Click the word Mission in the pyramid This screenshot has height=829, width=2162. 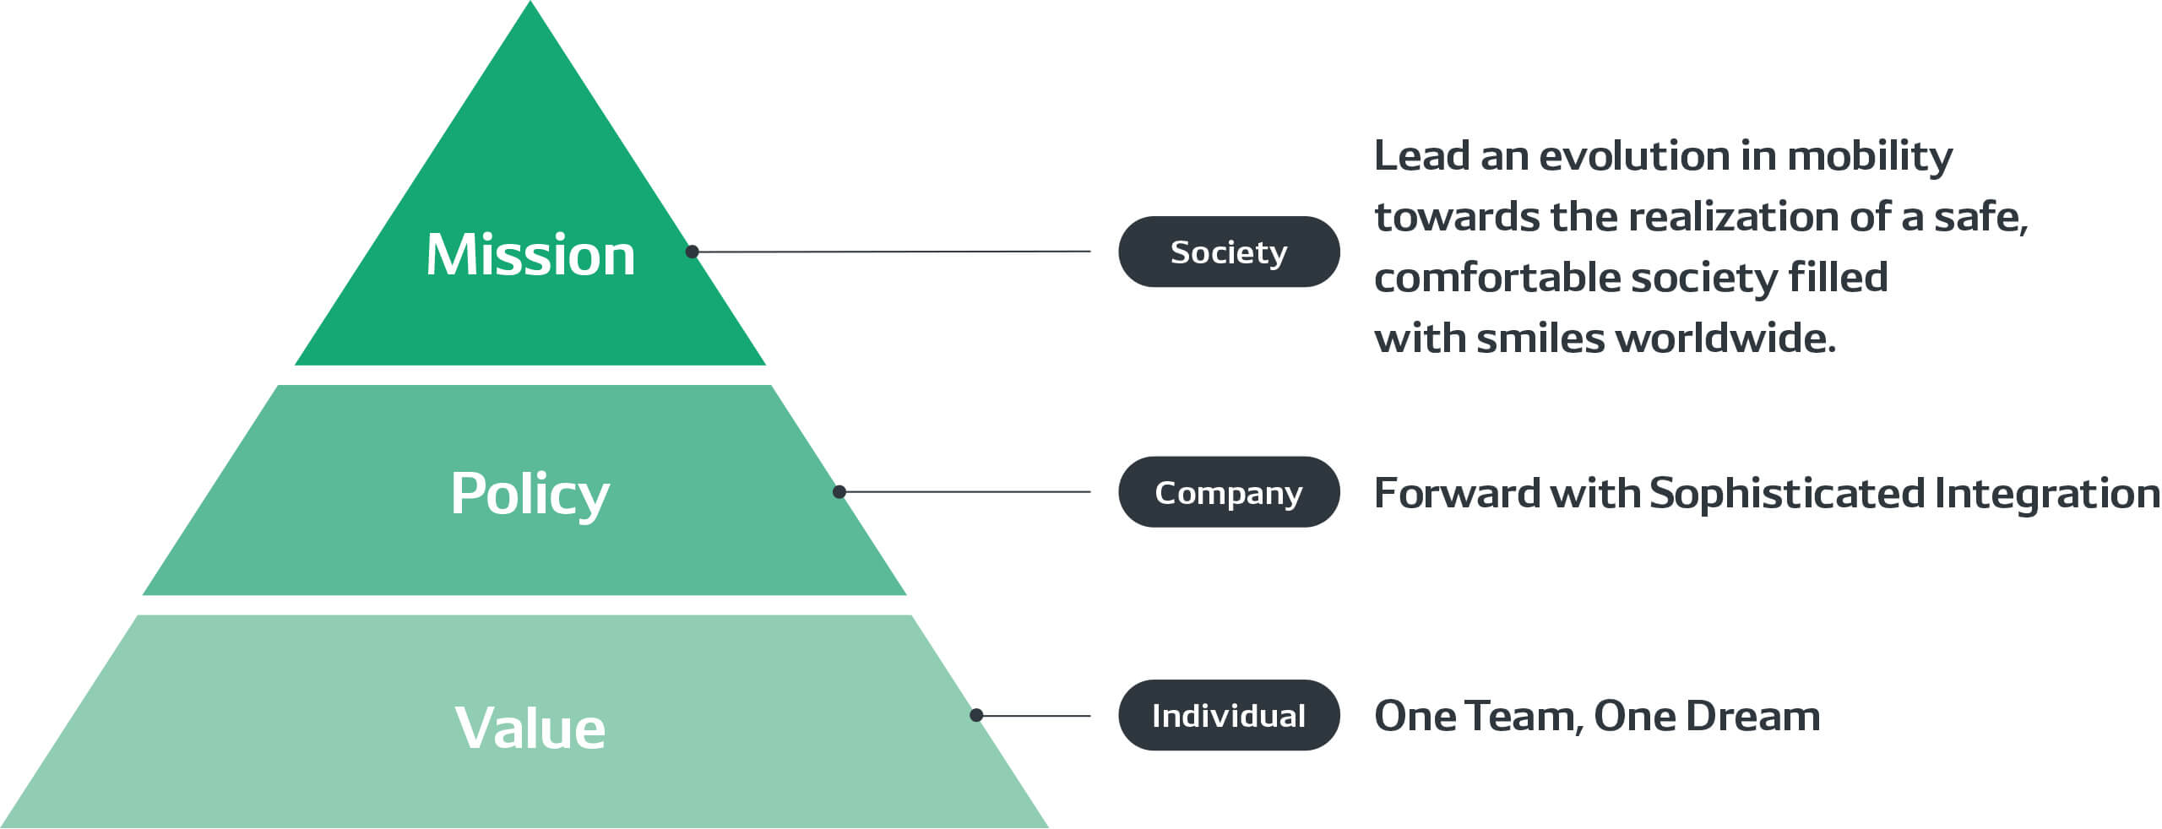530,254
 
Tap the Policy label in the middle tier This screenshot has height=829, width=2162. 530,494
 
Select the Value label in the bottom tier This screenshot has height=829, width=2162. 530,728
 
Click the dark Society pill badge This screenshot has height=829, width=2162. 1228,252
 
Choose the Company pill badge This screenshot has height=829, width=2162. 1228,492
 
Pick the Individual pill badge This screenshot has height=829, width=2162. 1228,715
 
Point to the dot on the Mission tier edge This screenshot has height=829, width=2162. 692,252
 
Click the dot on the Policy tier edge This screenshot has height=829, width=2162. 839,492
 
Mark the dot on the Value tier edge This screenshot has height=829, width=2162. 976,715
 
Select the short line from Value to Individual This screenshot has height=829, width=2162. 1035,716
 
